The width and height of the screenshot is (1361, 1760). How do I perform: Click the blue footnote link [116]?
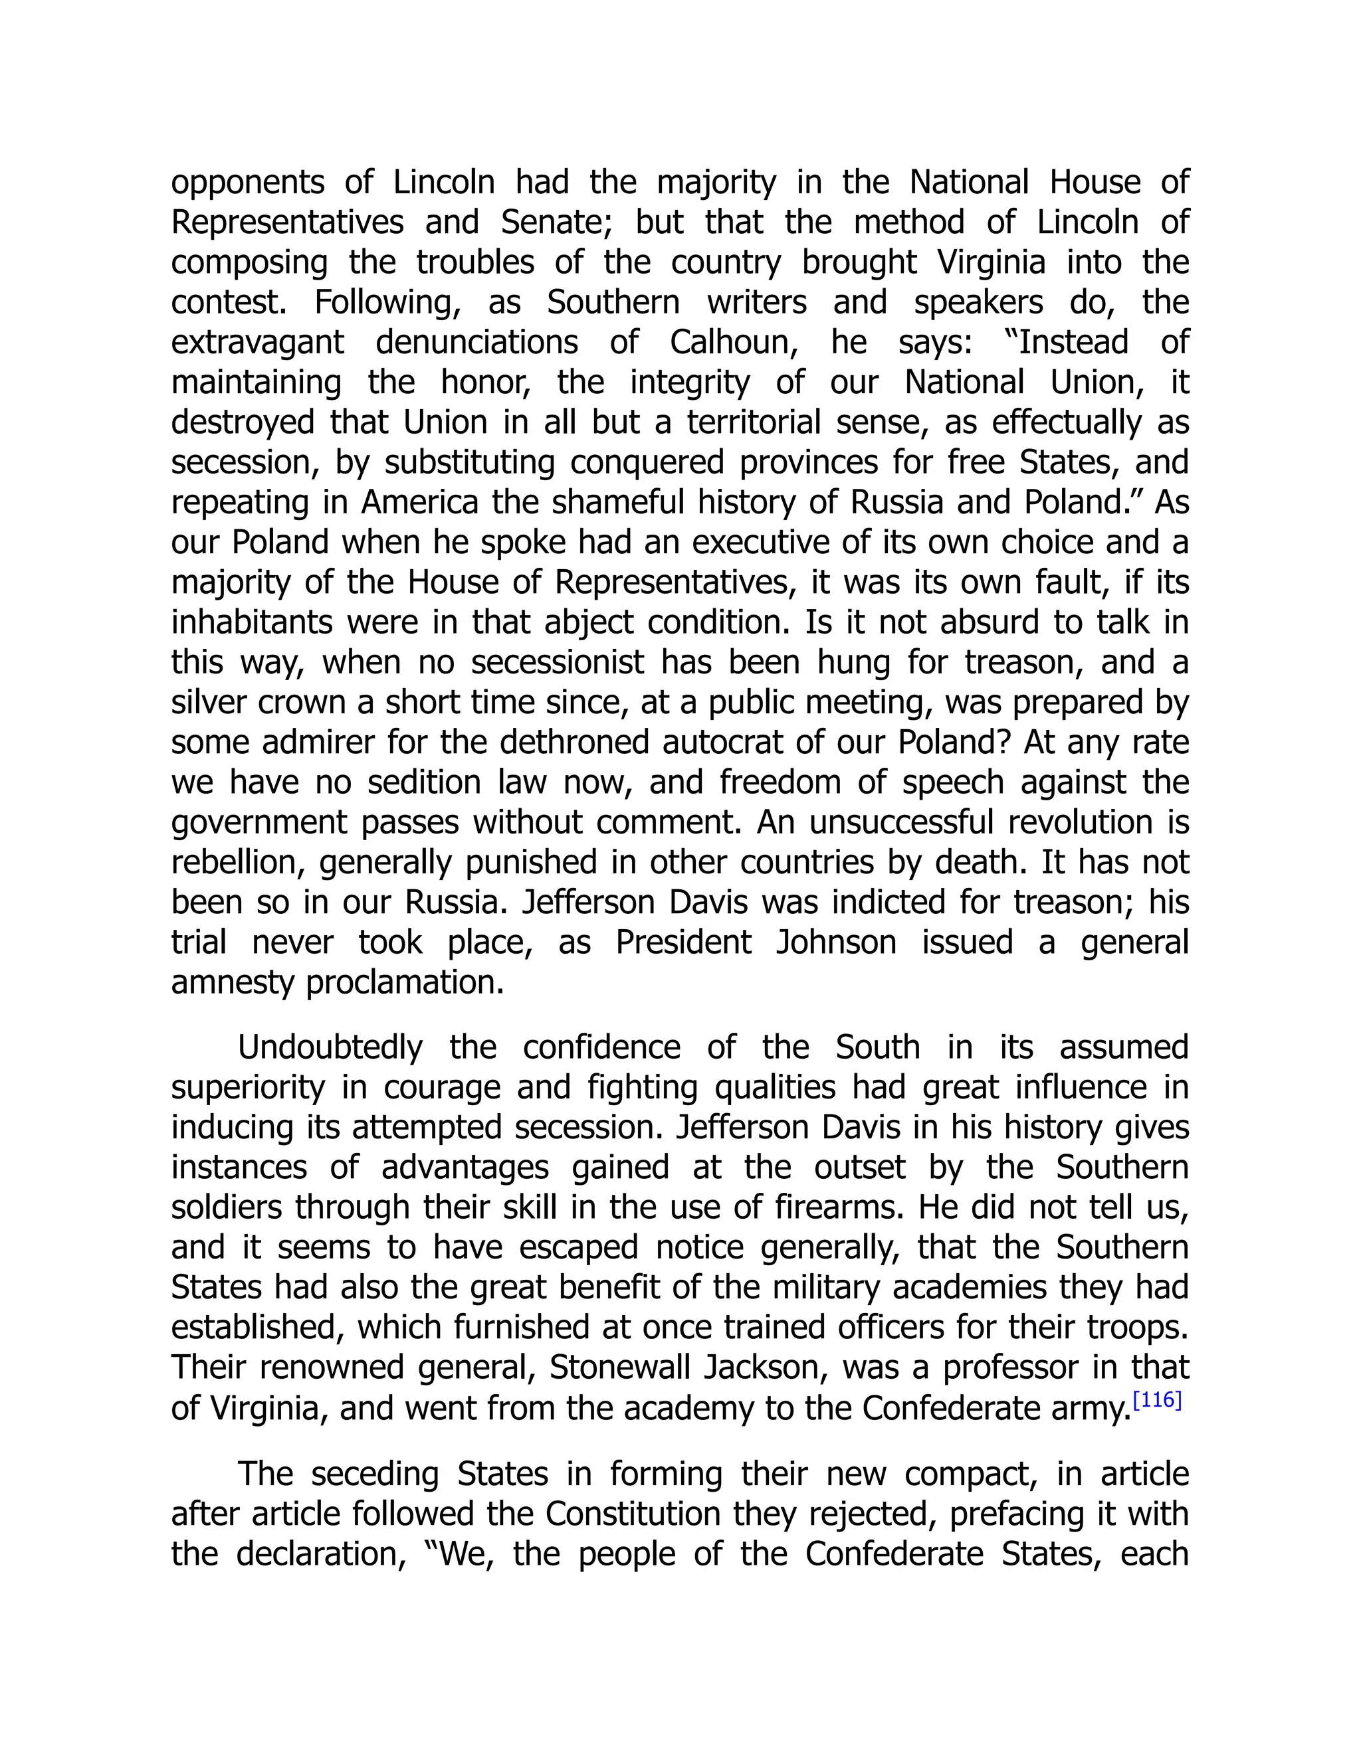pos(1157,1401)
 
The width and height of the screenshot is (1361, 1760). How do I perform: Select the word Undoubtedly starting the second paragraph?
pos(330,1047)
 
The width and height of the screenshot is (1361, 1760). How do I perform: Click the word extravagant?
pos(257,343)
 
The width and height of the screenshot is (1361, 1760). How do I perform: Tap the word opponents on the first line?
pos(247,183)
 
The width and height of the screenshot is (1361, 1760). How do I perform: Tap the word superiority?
pos(247,1087)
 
